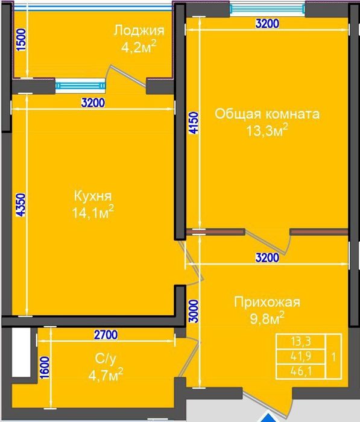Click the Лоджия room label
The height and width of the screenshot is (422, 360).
tap(139, 31)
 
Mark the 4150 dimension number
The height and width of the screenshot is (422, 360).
tap(193, 124)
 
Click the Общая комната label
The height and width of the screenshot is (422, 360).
tap(267, 114)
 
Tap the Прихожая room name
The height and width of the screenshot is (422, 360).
tap(267, 302)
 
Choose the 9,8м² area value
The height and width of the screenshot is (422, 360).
tap(266, 318)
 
